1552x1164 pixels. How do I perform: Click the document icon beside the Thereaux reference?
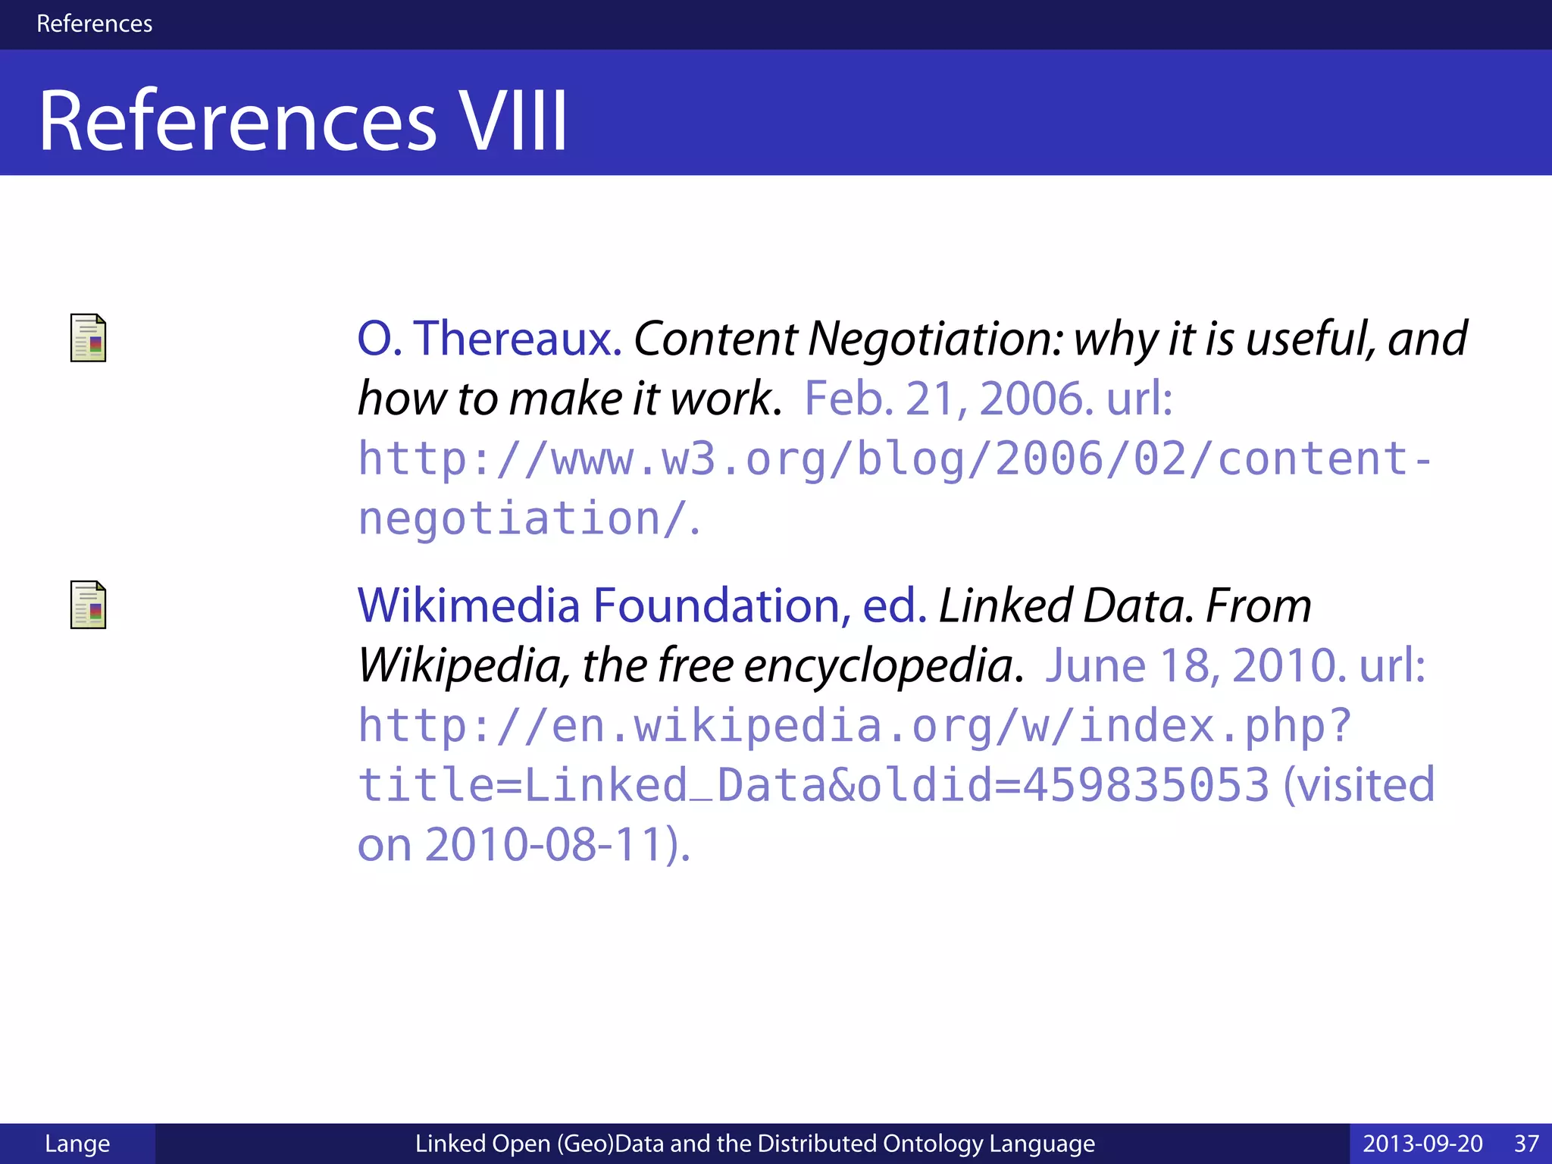(x=88, y=338)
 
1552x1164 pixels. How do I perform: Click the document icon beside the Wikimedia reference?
(x=88, y=605)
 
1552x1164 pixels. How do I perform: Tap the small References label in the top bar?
(x=94, y=23)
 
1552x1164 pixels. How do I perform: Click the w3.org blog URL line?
(x=894, y=459)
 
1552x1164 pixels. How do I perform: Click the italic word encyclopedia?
(x=879, y=665)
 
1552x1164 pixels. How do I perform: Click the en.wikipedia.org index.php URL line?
(x=854, y=726)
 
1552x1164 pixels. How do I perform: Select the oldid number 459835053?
(x=1146, y=784)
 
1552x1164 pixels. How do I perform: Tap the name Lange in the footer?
(x=77, y=1144)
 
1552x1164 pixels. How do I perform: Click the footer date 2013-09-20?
(x=1422, y=1144)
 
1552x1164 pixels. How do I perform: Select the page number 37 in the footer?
(x=1526, y=1144)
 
